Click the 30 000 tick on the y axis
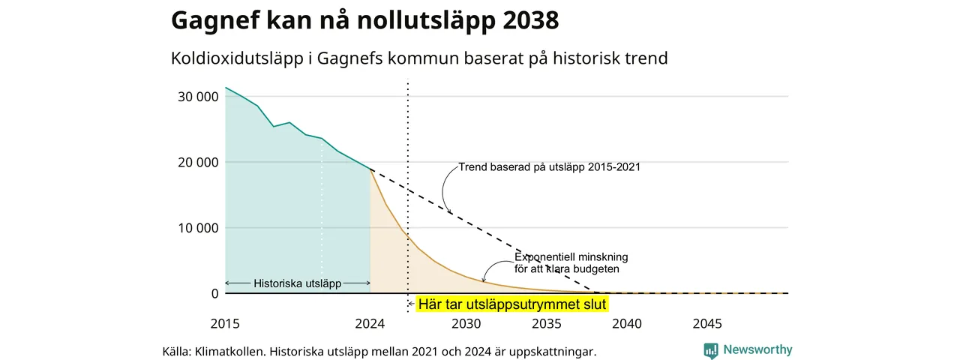[198, 97]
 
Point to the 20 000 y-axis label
[198, 163]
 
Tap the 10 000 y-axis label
[198, 228]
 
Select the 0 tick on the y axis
[214, 293]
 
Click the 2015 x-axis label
[225, 323]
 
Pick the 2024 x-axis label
[370, 323]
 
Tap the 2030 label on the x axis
[466, 323]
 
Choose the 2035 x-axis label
[547, 323]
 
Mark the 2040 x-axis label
[627, 323]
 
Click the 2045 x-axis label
[707, 323]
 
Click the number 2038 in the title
[531, 20]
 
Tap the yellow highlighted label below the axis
[512, 304]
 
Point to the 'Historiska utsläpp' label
[298, 283]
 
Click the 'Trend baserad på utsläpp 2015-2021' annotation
[550, 166]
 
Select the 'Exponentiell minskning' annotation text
[571, 257]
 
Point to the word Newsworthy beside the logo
[757, 349]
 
